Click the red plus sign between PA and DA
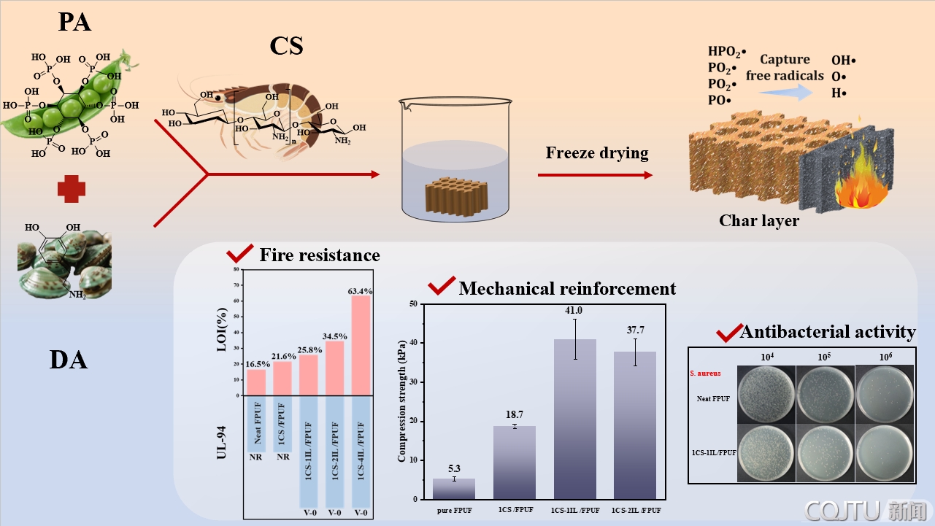coord(72,189)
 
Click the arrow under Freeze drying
coord(595,175)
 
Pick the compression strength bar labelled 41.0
coord(575,419)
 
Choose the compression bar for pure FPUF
coord(454,489)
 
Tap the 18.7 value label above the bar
coord(515,414)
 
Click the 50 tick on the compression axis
coord(413,303)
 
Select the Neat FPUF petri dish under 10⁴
coord(764,395)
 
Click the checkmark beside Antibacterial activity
coord(728,333)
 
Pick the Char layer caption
coord(759,220)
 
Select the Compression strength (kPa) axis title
coord(401,402)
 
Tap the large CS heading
coord(286,46)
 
